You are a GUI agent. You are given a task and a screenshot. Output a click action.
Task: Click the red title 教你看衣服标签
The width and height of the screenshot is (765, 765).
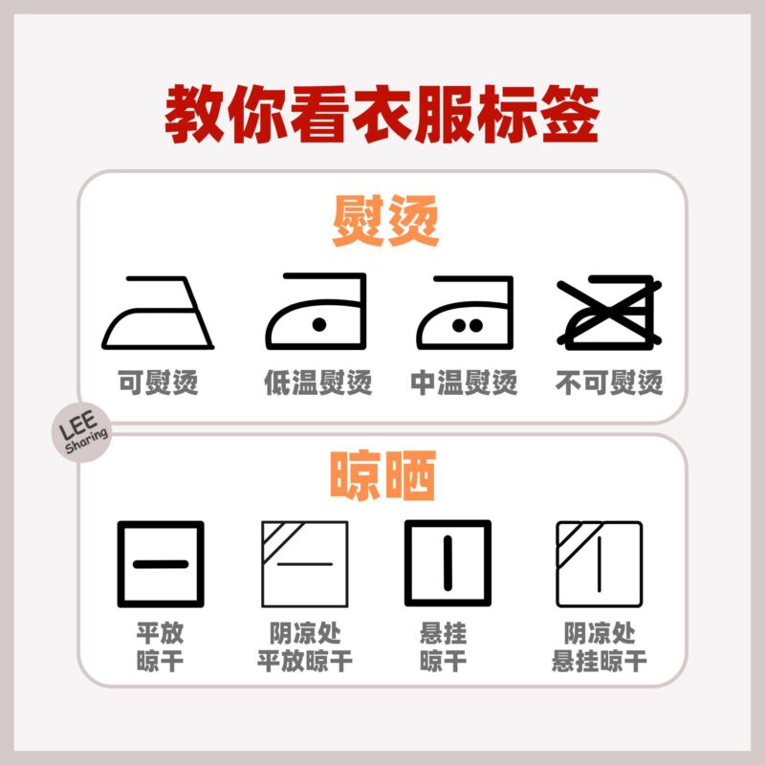[382, 115]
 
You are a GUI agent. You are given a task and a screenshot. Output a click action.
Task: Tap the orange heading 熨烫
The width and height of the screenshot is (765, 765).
[385, 221]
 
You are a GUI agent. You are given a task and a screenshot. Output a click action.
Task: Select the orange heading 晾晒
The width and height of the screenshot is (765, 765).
[383, 475]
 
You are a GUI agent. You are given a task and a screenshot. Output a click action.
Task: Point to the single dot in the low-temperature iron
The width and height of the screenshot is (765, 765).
[319, 324]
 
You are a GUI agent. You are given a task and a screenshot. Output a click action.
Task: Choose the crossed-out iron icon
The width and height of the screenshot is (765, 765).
[609, 313]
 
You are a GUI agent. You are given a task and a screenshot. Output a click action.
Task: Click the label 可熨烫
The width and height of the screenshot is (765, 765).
[158, 382]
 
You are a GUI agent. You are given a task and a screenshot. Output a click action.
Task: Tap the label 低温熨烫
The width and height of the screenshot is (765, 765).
[318, 382]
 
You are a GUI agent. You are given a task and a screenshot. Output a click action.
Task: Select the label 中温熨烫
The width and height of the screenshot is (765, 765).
[464, 382]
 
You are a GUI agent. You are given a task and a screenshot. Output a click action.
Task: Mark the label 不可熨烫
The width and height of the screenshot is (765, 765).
[609, 382]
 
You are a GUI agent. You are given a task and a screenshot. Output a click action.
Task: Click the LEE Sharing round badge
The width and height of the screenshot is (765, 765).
[81, 432]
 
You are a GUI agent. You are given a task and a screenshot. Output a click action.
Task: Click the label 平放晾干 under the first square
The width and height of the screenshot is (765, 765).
[160, 647]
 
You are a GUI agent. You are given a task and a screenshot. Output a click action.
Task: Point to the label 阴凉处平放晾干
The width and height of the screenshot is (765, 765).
[305, 647]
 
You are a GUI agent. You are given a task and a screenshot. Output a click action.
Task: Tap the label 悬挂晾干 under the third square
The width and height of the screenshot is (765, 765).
[443, 647]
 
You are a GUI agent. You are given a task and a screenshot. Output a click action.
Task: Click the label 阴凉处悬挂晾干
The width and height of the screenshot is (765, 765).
[600, 647]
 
